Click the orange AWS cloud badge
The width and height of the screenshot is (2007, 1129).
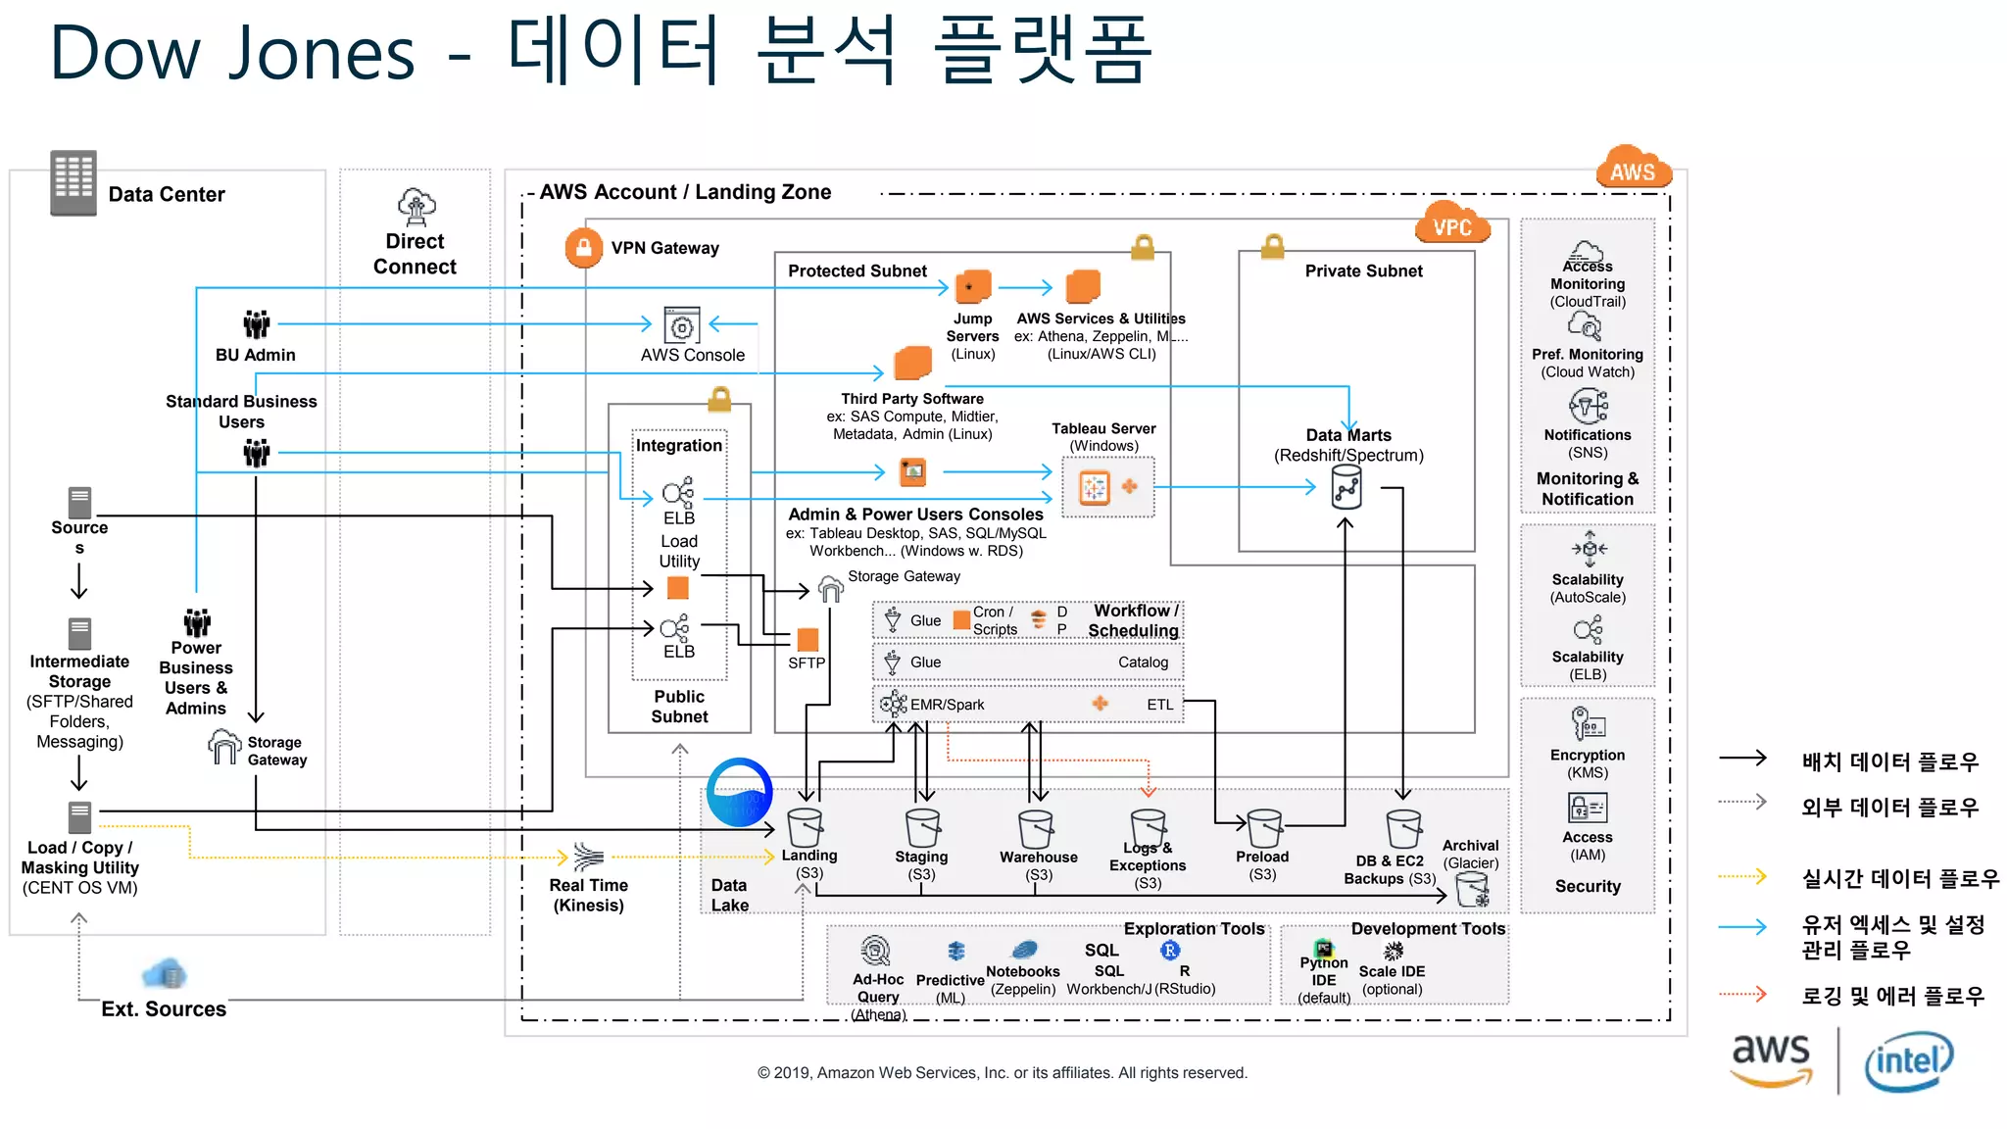click(x=1633, y=168)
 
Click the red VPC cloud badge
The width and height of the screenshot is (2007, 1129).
click(x=1452, y=224)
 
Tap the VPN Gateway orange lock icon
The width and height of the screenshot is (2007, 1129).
click(x=583, y=248)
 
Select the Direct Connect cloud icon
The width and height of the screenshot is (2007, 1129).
click(x=416, y=207)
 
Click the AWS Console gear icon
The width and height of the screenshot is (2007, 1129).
click(x=682, y=325)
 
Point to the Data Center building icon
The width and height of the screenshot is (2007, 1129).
click(x=73, y=182)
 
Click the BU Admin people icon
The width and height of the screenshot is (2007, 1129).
click(x=256, y=323)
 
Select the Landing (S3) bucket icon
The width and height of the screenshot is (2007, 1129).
click(x=806, y=827)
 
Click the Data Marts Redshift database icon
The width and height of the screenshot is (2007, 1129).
click(x=1346, y=487)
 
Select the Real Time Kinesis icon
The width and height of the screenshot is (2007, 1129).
click(x=588, y=858)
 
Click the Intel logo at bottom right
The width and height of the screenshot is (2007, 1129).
click(x=1908, y=1060)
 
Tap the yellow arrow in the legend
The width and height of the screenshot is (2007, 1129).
click(x=1743, y=876)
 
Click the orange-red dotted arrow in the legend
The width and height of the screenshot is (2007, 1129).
click(x=1743, y=994)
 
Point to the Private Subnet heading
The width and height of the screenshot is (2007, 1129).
click(x=1363, y=271)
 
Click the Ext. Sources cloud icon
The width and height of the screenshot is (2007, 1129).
click(x=165, y=974)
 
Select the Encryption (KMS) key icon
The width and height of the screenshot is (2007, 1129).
click(x=1587, y=724)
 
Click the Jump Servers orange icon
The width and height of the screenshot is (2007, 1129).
click(x=973, y=287)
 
